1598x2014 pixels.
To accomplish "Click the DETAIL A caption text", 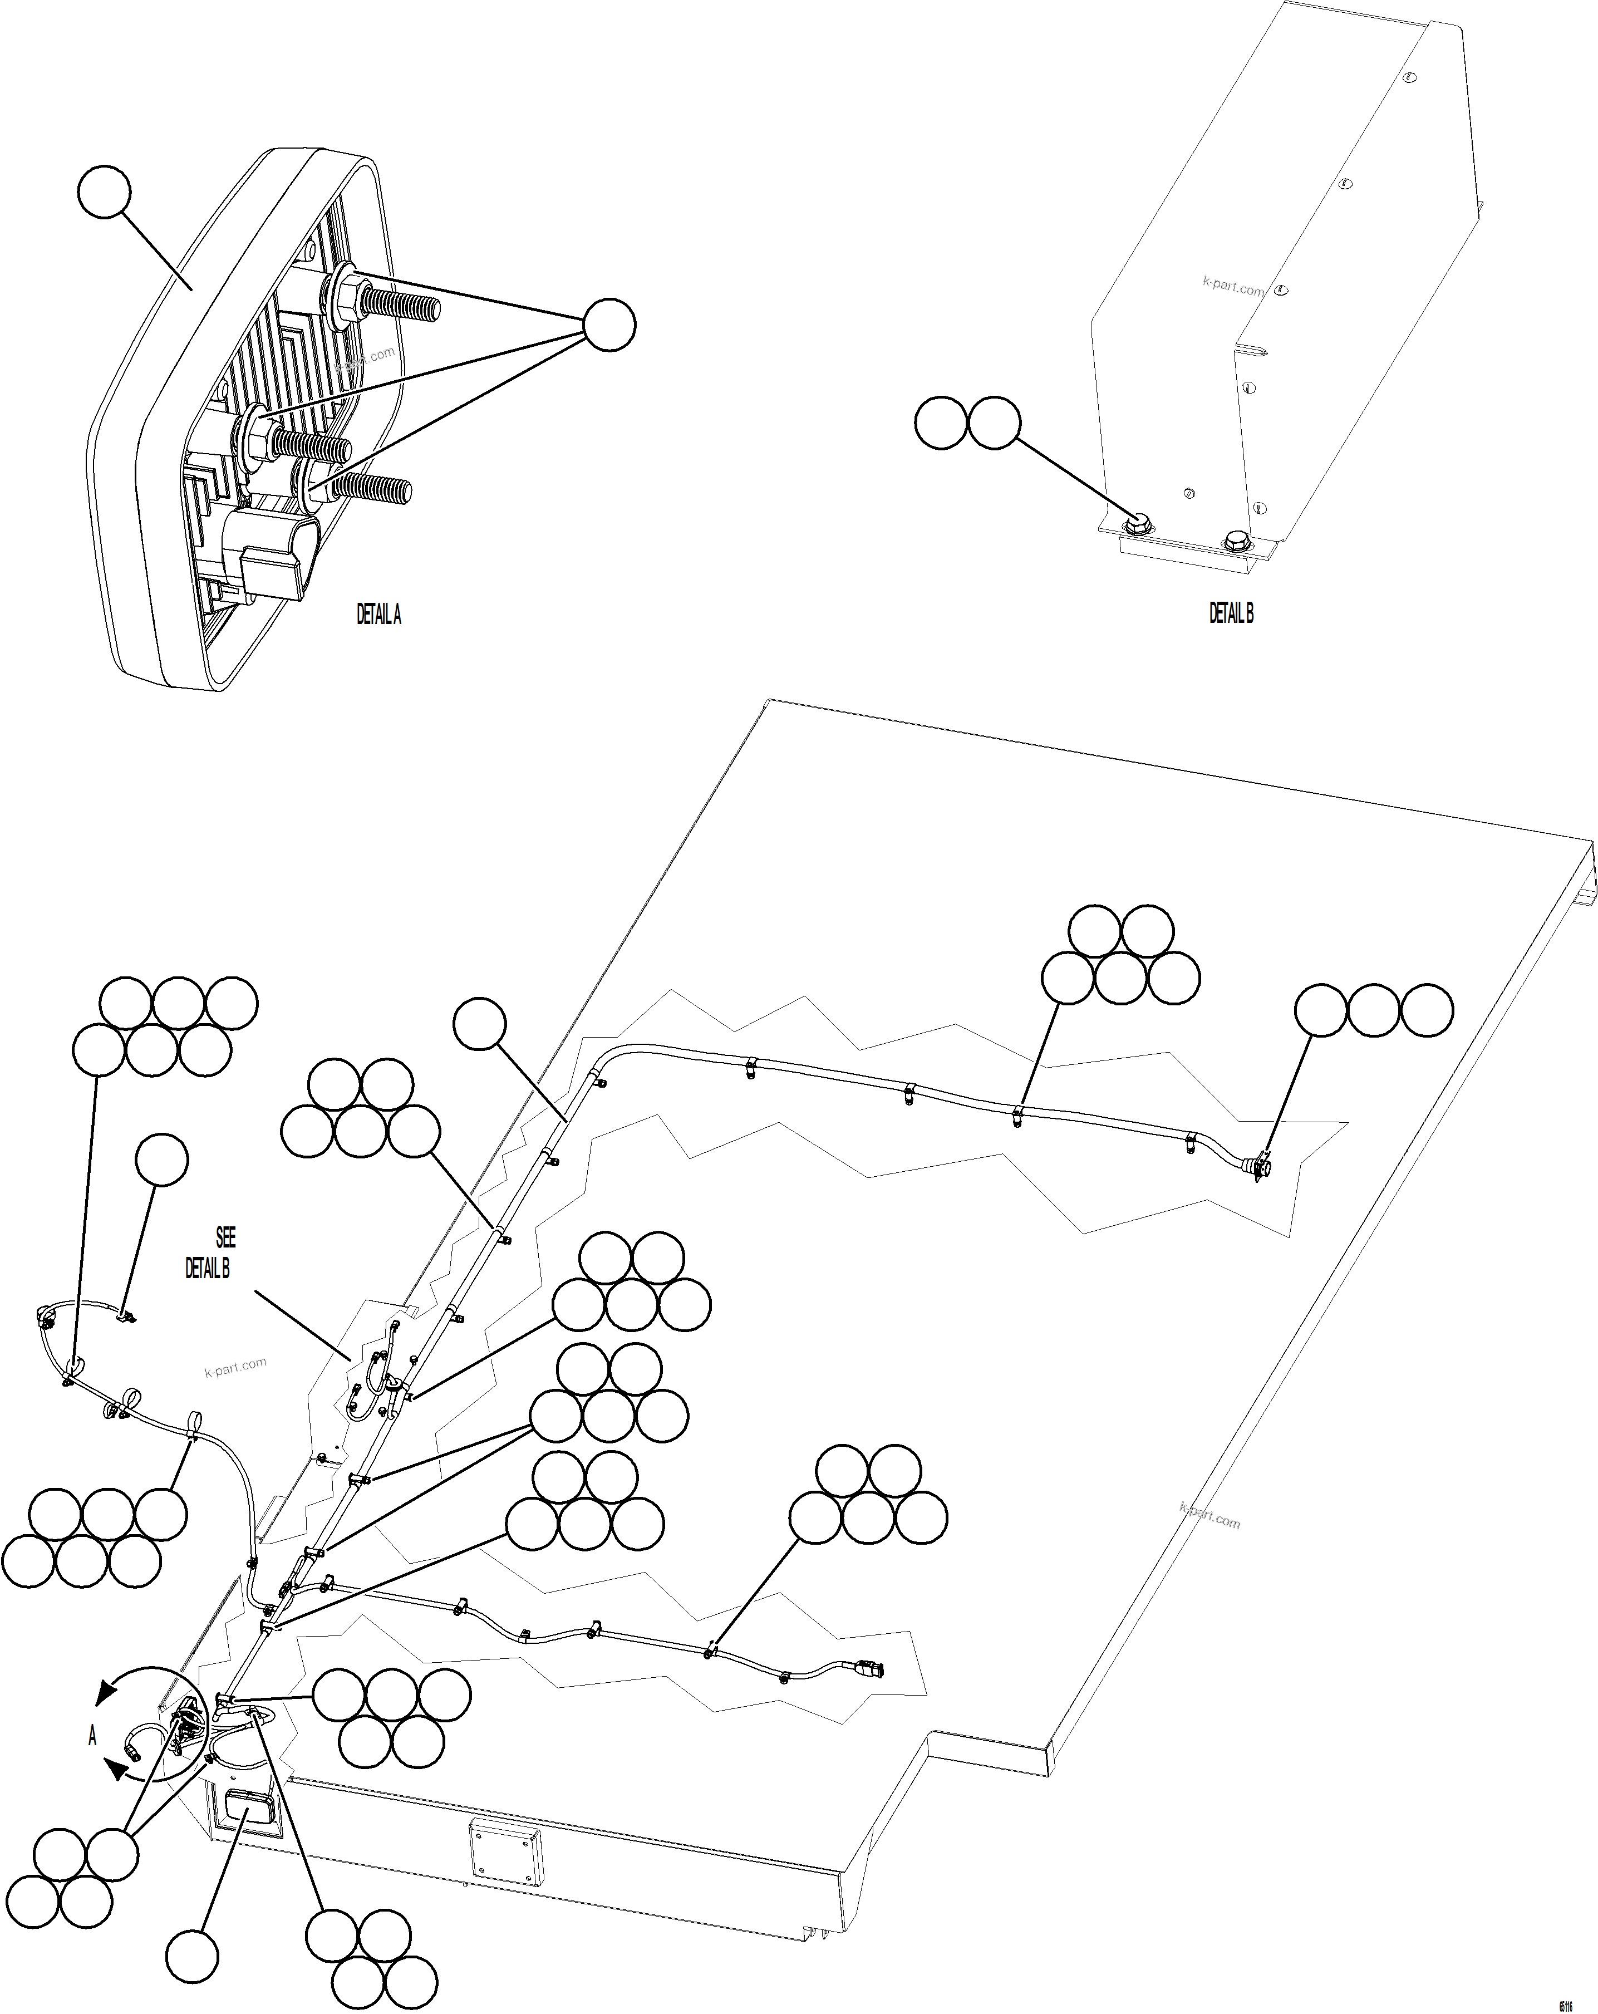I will click(x=378, y=614).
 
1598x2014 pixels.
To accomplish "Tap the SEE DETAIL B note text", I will click(x=211, y=1252).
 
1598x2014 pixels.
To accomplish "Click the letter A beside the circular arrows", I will click(x=92, y=1736).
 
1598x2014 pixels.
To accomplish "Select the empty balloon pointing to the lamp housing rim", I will click(x=104, y=191).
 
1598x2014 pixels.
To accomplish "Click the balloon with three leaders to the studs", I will click(x=609, y=325).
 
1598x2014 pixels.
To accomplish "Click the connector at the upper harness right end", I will click(x=1260, y=1168).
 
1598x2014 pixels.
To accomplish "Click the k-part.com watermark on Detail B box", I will click(x=1233, y=287).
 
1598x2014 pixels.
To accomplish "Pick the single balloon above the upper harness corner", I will click(x=479, y=1024).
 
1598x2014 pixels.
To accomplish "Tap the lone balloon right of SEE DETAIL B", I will click(x=161, y=1160).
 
